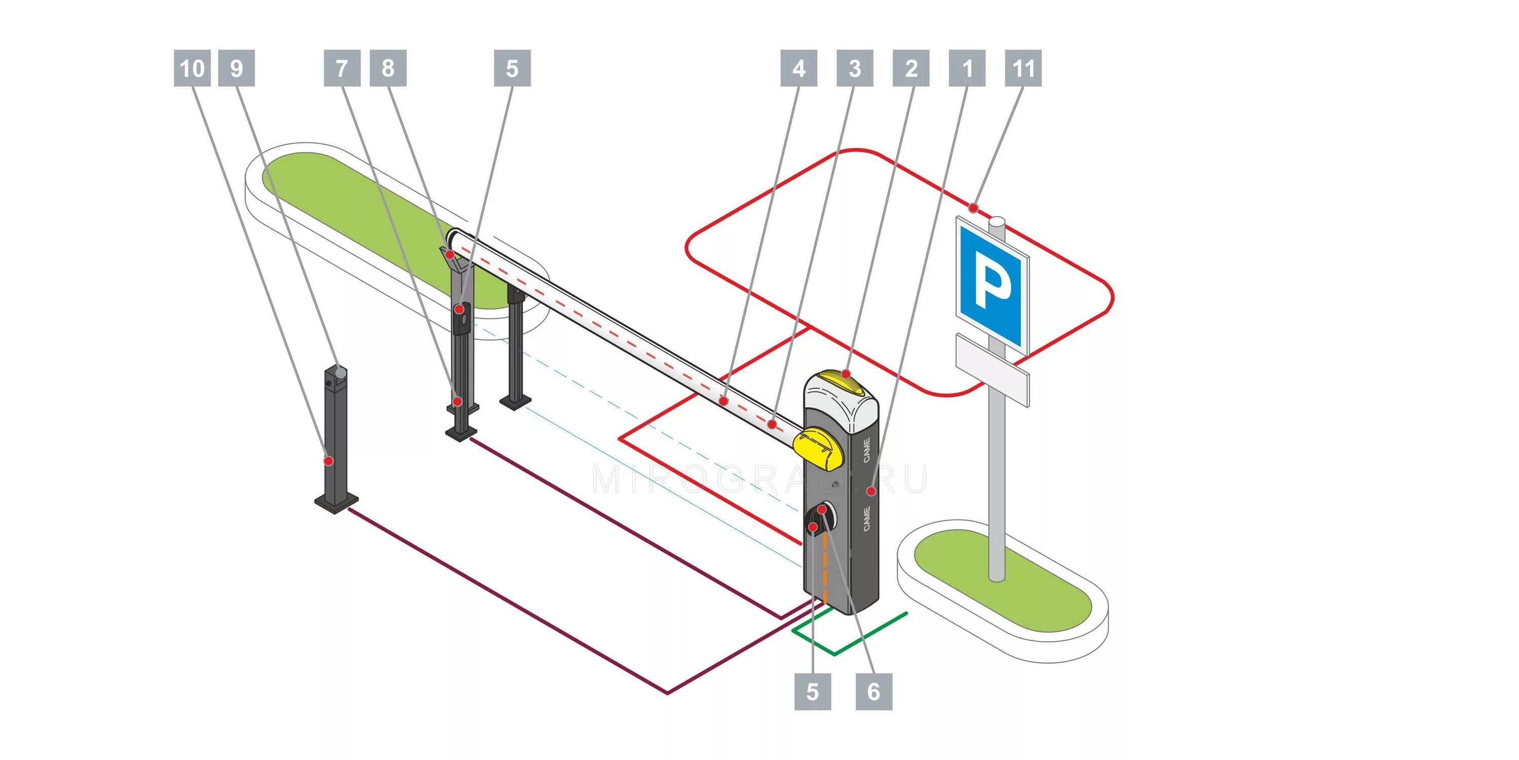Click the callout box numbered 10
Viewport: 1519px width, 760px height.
click(x=192, y=68)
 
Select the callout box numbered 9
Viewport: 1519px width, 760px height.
click(x=236, y=68)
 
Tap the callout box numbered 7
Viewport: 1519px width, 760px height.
click(x=342, y=68)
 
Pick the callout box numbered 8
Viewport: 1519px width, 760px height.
click(x=388, y=68)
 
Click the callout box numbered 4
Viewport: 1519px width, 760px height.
click(x=798, y=68)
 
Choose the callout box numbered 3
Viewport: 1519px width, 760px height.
click(x=855, y=68)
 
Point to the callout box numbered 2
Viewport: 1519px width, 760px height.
click(x=911, y=68)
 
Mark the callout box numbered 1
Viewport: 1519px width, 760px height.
click(x=967, y=68)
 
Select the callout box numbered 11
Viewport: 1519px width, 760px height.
click(x=1023, y=68)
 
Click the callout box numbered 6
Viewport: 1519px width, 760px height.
click(x=874, y=692)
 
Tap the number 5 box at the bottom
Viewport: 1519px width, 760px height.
click(x=813, y=692)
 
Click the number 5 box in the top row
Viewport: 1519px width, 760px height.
click(x=512, y=68)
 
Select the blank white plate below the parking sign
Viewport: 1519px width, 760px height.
click(x=992, y=368)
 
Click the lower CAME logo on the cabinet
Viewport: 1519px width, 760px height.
click(x=866, y=518)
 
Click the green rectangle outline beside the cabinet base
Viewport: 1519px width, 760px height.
click(x=849, y=634)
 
